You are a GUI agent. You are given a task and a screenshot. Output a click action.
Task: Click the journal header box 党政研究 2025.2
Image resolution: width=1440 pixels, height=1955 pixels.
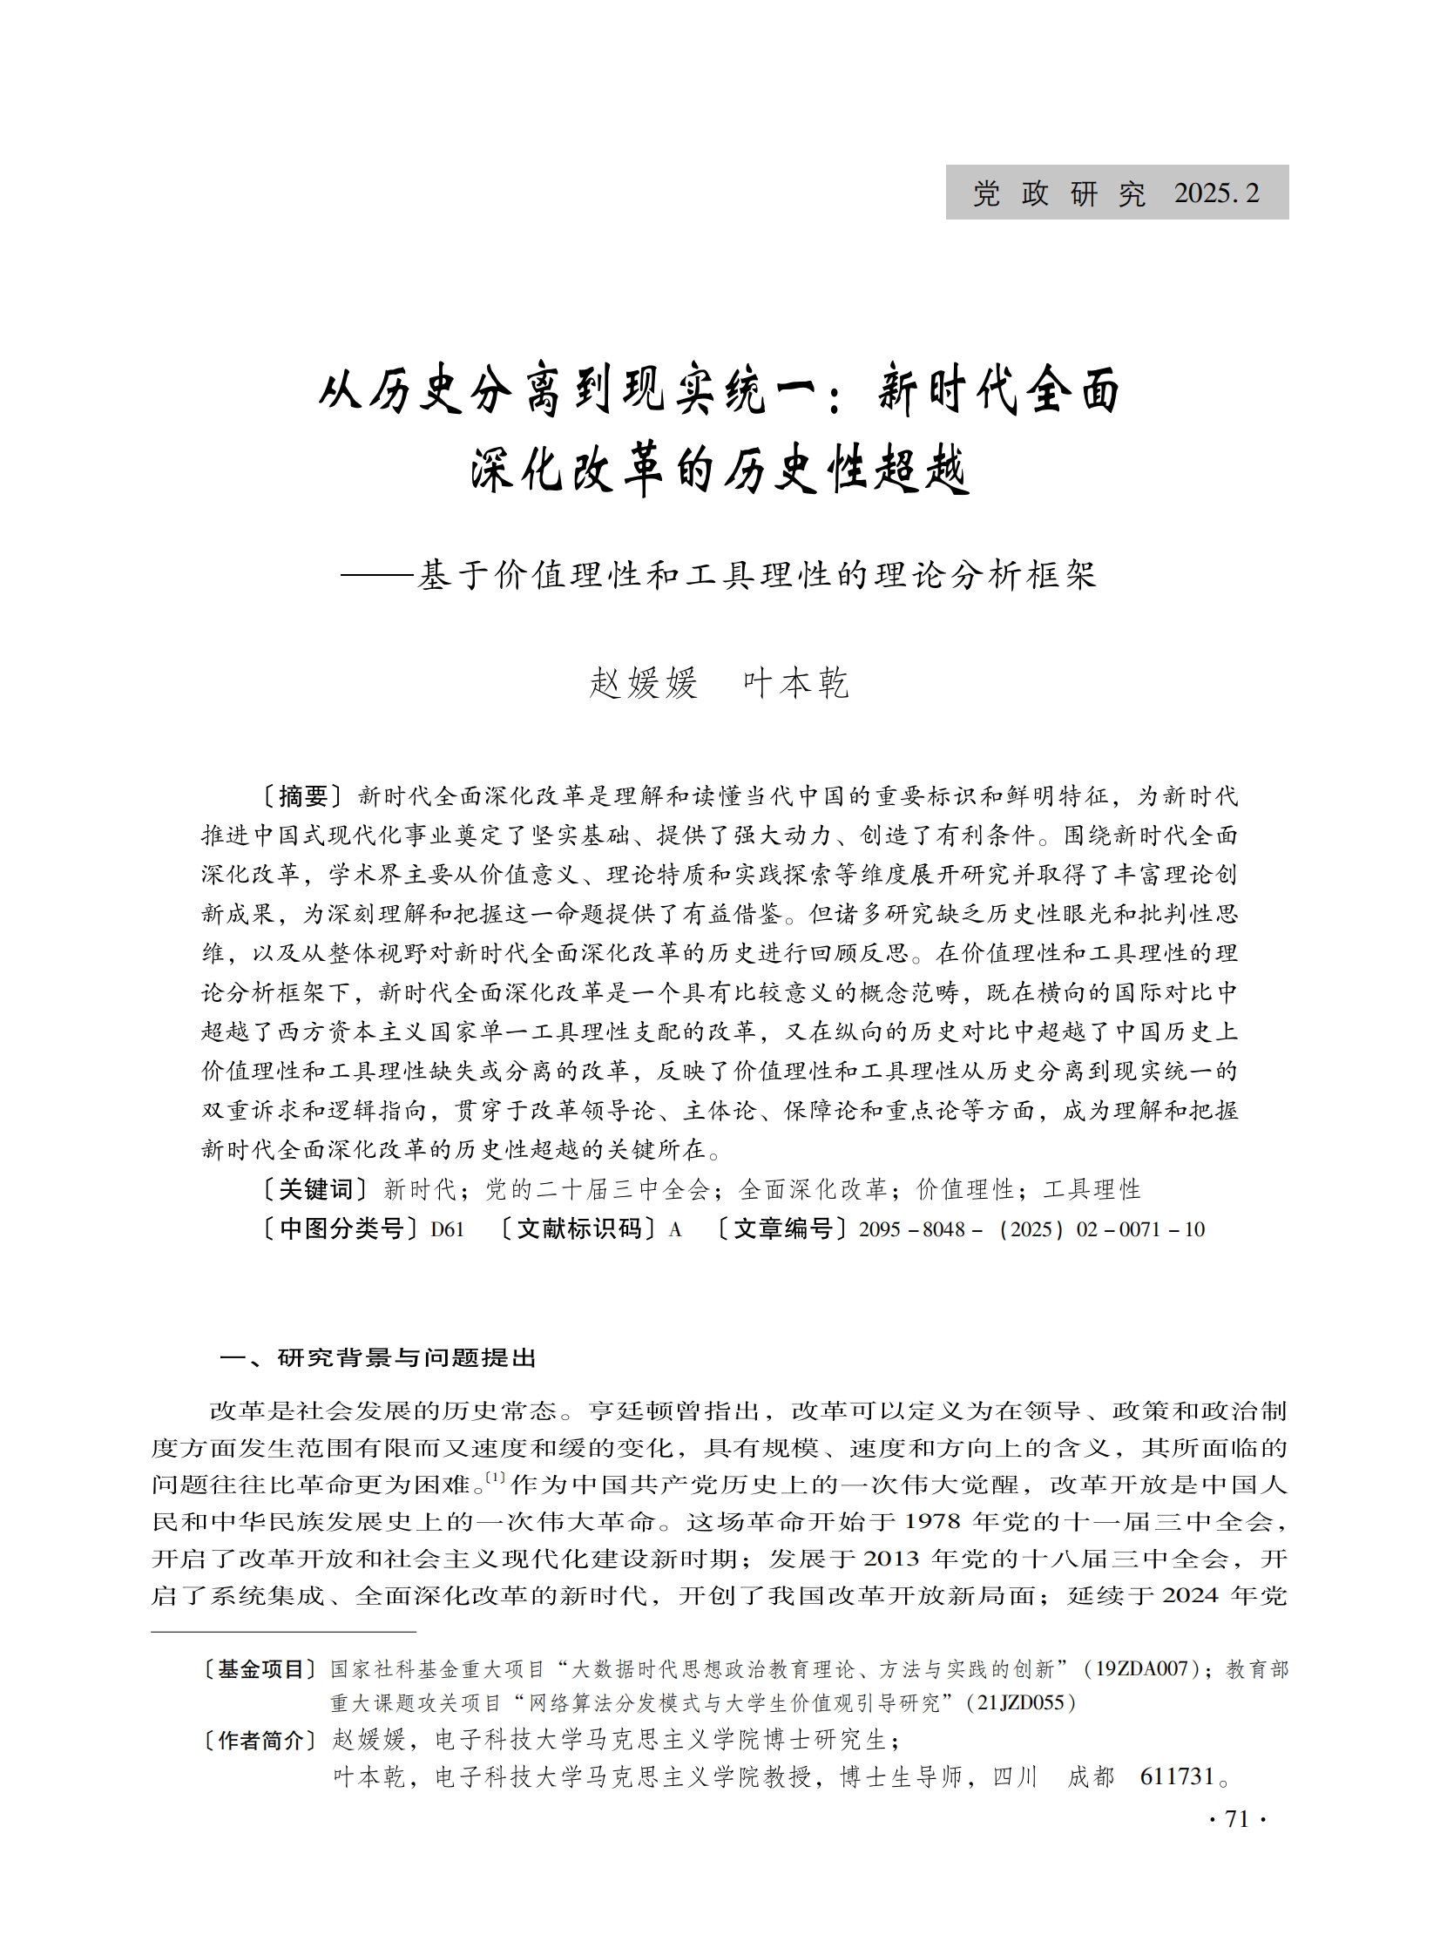tap(1116, 193)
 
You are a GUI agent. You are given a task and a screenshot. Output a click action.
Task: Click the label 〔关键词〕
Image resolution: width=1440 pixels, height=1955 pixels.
tap(314, 1189)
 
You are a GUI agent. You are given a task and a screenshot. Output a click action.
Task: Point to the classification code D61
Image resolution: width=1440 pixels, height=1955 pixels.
tap(448, 1229)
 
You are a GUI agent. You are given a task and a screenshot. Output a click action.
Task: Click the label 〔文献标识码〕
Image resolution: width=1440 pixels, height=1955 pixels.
tap(578, 1229)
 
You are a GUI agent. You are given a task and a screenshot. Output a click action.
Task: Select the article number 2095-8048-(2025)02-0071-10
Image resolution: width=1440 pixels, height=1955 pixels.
tap(1031, 1229)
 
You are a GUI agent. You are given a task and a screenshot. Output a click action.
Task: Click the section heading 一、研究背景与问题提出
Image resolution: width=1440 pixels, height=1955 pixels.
tap(378, 1357)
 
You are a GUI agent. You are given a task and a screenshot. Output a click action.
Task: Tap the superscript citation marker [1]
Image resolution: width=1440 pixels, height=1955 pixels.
tap(495, 1478)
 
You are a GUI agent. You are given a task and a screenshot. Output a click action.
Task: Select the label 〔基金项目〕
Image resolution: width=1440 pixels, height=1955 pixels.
tap(258, 1669)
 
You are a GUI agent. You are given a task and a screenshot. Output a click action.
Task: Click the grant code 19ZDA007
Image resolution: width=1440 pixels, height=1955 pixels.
tap(1142, 1669)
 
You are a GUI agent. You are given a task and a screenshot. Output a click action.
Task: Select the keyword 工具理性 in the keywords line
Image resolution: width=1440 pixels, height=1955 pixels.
tap(1092, 1189)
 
